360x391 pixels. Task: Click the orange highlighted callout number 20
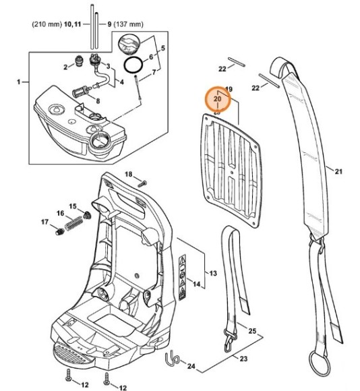click(217, 99)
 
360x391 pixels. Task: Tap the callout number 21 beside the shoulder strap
click(338, 171)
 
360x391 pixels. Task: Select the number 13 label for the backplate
click(212, 273)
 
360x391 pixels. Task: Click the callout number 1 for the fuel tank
click(19, 82)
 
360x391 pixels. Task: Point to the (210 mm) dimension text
click(47, 24)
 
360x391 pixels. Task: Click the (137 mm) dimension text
click(128, 24)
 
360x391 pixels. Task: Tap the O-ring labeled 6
click(133, 65)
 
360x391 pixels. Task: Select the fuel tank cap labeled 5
click(129, 44)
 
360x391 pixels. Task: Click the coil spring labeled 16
click(73, 223)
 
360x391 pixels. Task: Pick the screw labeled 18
click(142, 183)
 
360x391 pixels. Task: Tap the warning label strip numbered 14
click(183, 277)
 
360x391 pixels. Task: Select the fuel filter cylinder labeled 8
click(80, 92)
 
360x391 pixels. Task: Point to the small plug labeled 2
click(79, 61)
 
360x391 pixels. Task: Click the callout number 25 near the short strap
click(252, 331)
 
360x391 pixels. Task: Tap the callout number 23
click(243, 359)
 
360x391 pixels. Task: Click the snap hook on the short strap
click(231, 340)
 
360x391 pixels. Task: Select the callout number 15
click(73, 206)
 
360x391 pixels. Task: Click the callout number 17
click(44, 222)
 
